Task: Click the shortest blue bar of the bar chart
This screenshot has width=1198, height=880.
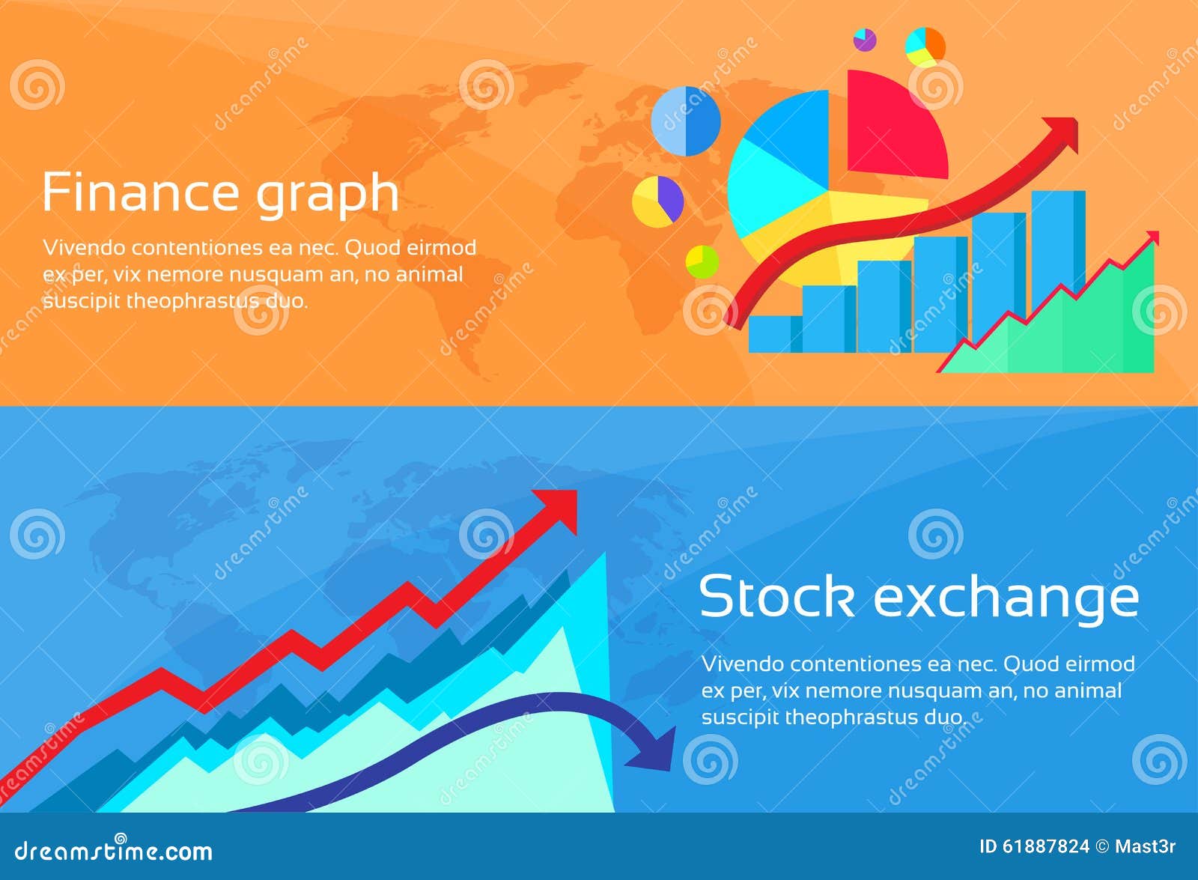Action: coord(773,334)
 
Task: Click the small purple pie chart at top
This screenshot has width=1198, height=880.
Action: coord(865,39)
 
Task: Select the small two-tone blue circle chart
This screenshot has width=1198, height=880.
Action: coord(685,121)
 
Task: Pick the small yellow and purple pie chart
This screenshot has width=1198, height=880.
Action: coord(657,201)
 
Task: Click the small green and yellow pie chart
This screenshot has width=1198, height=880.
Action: coord(702,261)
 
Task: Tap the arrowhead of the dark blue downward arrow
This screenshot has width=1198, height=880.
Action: coord(656,753)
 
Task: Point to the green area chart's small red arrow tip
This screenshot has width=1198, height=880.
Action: coord(1152,238)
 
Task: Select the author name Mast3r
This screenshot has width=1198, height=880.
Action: coord(1145,846)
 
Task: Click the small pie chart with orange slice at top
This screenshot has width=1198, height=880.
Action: coord(925,46)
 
